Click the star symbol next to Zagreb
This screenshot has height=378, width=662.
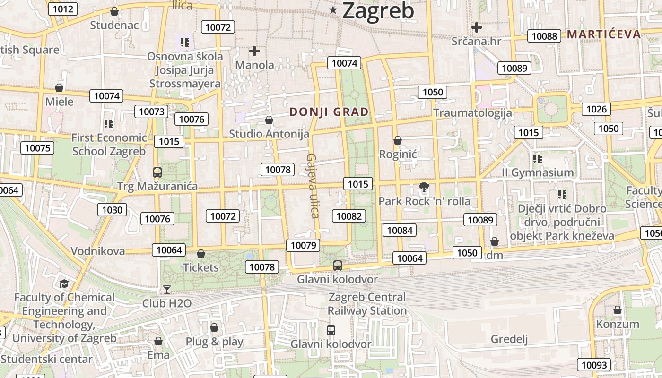coord(333,10)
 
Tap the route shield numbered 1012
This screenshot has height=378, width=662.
coord(63,9)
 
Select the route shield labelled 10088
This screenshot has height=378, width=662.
coord(544,36)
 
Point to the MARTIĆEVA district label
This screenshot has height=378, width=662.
coord(604,34)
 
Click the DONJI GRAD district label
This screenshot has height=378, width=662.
coord(329,112)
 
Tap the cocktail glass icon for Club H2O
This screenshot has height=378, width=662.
coord(166,289)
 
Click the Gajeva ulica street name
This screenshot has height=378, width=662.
coord(312,185)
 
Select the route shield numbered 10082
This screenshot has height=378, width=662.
coord(349,216)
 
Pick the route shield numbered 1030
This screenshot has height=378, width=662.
coord(112,210)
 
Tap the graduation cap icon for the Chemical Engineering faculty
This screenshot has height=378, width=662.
coord(64,283)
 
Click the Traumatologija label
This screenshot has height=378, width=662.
coord(472,112)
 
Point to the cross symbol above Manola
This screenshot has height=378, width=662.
coord(254,51)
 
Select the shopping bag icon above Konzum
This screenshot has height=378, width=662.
coord(617,310)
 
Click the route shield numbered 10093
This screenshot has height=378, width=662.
coord(594,365)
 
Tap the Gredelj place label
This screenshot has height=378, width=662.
coord(509,339)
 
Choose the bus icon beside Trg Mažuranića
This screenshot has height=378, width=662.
coord(157,172)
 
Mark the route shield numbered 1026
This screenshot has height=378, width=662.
coord(596,109)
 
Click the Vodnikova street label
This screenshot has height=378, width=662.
coord(98,251)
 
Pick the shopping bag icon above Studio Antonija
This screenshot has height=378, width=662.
coord(269,120)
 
